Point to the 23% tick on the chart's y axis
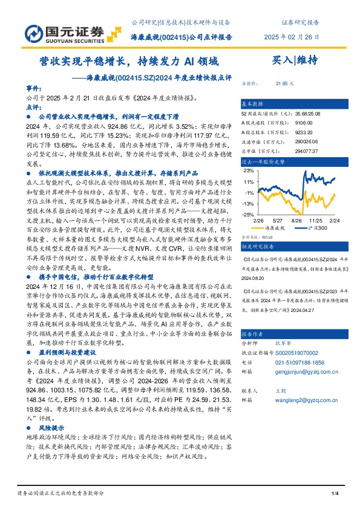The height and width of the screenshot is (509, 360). [249, 171]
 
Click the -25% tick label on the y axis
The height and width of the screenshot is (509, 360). [247, 215]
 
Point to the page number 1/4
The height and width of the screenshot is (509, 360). [335, 495]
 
